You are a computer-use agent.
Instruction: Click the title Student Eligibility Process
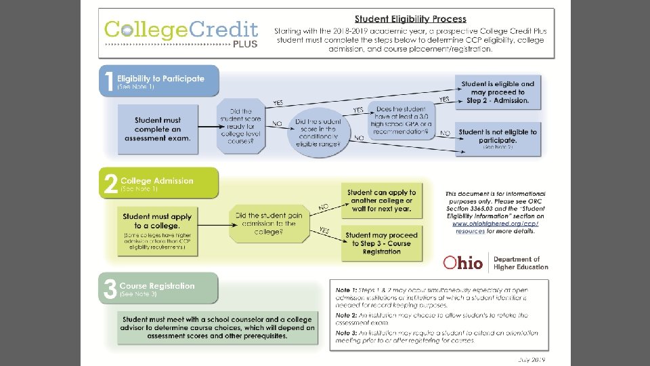click(x=410, y=19)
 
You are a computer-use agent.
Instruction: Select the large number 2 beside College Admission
click(x=108, y=184)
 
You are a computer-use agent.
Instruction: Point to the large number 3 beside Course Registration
click(x=108, y=288)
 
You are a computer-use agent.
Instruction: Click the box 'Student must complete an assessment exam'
click(x=158, y=129)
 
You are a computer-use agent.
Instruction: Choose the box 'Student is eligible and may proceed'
click(x=497, y=92)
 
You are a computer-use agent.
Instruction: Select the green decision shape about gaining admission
click(x=265, y=223)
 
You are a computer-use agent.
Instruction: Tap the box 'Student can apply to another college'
click(x=381, y=201)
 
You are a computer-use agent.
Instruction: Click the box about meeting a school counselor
click(x=217, y=327)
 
